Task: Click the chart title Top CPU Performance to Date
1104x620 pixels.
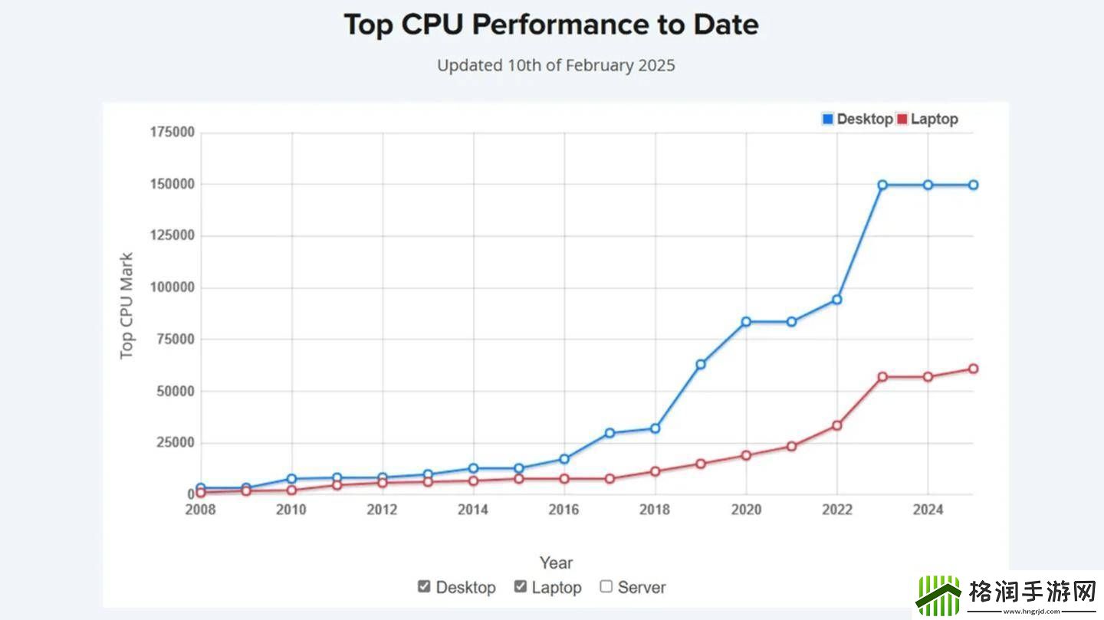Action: coord(551,25)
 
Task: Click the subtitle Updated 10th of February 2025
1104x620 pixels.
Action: coord(556,65)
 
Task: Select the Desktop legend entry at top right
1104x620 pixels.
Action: coord(857,119)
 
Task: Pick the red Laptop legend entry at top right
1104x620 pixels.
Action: coord(927,119)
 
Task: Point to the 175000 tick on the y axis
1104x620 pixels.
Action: coord(172,133)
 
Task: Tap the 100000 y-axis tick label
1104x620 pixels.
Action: coord(172,288)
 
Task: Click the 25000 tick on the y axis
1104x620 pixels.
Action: coord(176,443)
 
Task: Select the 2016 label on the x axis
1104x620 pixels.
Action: coord(564,510)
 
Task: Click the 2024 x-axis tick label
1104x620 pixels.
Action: coord(928,510)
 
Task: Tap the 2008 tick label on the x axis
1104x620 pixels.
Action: coord(200,510)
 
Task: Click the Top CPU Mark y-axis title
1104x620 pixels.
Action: coord(127,306)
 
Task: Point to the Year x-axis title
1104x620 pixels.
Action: coord(556,563)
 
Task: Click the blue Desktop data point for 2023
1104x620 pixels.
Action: coord(882,185)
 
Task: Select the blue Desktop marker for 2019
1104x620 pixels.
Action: coord(701,364)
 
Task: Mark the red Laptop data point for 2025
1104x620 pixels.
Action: coord(973,369)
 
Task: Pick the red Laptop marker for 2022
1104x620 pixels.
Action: coord(837,425)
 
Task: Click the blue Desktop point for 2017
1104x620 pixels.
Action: coord(609,433)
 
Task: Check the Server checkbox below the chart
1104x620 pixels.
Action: coord(606,586)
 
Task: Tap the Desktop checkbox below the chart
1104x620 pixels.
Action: coord(424,586)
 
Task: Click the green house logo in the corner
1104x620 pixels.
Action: coord(938,595)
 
